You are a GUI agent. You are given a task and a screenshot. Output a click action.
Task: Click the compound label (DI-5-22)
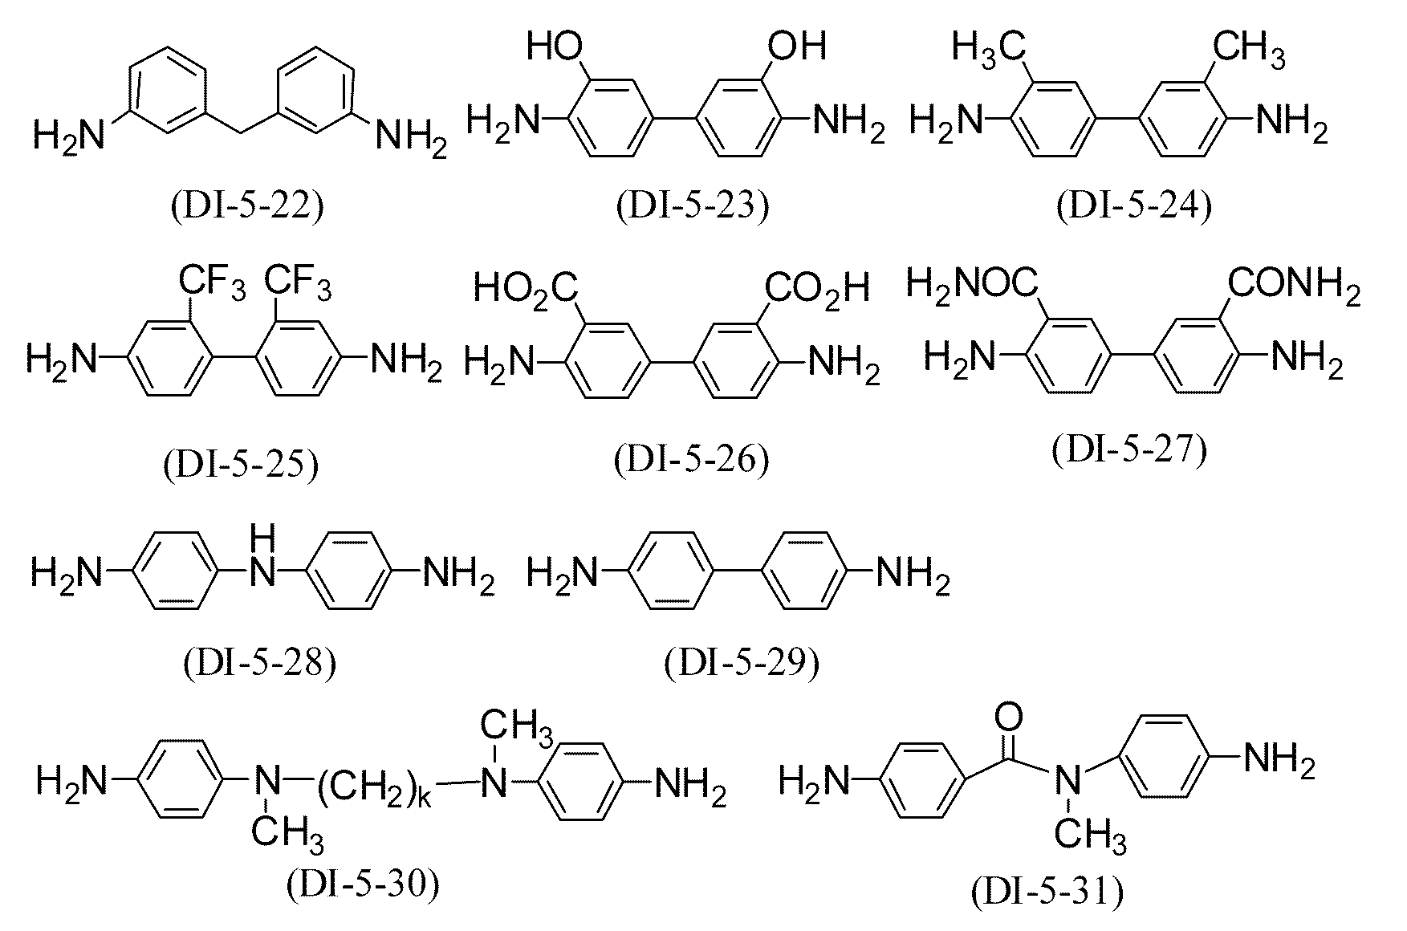pyautogui.click(x=247, y=206)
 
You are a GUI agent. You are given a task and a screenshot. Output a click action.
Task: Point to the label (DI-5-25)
pyautogui.click(x=240, y=465)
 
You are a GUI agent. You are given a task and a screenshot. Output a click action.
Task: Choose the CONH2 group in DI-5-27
pyautogui.click(x=1294, y=286)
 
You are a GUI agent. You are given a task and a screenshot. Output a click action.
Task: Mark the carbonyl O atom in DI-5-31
pyautogui.click(x=1014, y=714)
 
